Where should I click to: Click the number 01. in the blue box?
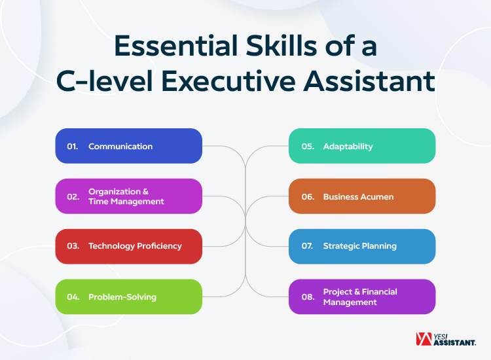pyautogui.click(x=72, y=146)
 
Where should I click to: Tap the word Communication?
pyautogui.click(x=120, y=146)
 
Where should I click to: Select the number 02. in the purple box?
pyautogui.click(x=73, y=196)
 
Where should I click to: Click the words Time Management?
pyautogui.click(x=126, y=202)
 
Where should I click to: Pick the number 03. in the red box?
pyautogui.click(x=73, y=246)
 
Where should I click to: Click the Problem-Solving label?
pyautogui.click(x=122, y=297)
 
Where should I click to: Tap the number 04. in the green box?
pyautogui.click(x=73, y=297)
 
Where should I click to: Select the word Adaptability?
pyautogui.click(x=348, y=146)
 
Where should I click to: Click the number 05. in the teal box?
pyautogui.click(x=308, y=146)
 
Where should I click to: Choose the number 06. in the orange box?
pyautogui.click(x=308, y=196)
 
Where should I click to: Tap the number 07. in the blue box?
pyautogui.click(x=308, y=246)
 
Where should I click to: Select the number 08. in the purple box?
pyautogui.click(x=308, y=297)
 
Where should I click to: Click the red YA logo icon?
pyautogui.click(x=424, y=339)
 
